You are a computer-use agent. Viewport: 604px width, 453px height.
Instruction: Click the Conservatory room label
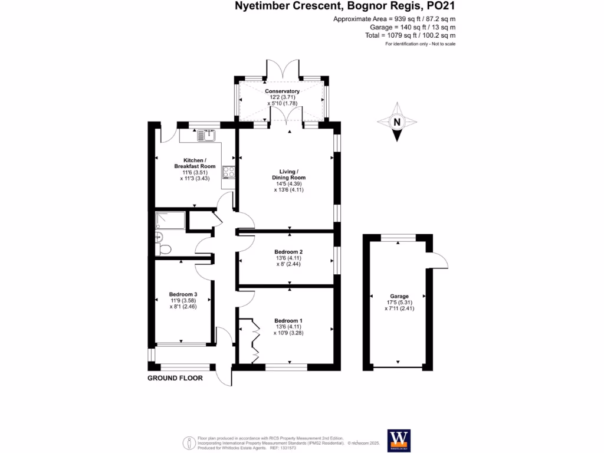pyautogui.click(x=282, y=91)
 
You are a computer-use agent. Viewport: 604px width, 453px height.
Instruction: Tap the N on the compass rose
pyautogui.click(x=397, y=123)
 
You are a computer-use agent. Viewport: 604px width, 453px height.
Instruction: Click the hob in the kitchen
pyautogui.click(x=228, y=172)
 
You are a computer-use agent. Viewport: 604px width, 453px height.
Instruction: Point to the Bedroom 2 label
pyautogui.click(x=289, y=251)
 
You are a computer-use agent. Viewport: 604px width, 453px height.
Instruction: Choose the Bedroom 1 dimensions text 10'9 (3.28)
pyautogui.click(x=289, y=333)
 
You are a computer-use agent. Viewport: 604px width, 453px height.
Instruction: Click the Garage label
pyautogui.click(x=399, y=296)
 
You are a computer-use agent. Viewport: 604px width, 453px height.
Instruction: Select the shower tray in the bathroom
pyautogui.click(x=170, y=221)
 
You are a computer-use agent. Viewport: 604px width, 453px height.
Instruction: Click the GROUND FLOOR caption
pyautogui.click(x=175, y=378)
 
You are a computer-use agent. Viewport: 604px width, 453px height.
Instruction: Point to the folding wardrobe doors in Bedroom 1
pyautogui.click(x=255, y=340)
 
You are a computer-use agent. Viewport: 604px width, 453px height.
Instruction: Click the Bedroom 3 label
pyautogui.click(x=183, y=294)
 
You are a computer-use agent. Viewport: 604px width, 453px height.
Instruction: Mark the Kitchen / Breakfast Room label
pyautogui.click(x=194, y=163)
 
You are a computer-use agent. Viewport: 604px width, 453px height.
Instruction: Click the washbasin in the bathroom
pyautogui.click(x=157, y=237)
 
